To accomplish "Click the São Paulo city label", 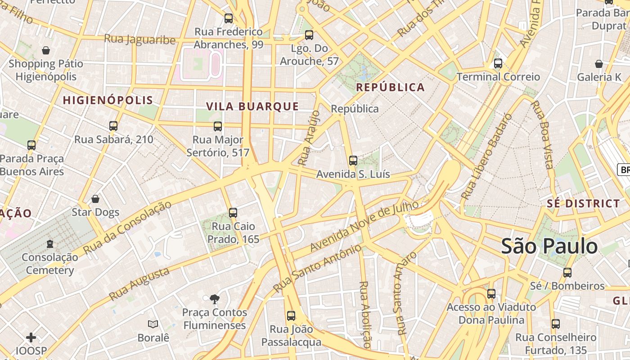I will pyautogui.click(x=549, y=246).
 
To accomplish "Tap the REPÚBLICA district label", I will pyautogui.click(x=390, y=87).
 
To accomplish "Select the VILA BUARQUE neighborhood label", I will pyautogui.click(x=252, y=106).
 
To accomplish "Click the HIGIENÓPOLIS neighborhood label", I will pyautogui.click(x=108, y=100).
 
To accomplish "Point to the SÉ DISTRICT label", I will pyautogui.click(x=583, y=203).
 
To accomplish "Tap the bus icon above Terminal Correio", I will pyautogui.click(x=498, y=63).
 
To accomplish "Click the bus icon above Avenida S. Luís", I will pyautogui.click(x=353, y=160).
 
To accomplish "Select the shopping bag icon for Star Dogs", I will pyautogui.click(x=95, y=199).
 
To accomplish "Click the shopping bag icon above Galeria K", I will pyautogui.click(x=598, y=64).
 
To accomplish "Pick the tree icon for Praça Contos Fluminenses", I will pyautogui.click(x=215, y=298).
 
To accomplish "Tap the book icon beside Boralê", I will pyautogui.click(x=153, y=324).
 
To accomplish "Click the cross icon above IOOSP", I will pyautogui.click(x=31, y=337).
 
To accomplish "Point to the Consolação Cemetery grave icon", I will pyautogui.click(x=50, y=244).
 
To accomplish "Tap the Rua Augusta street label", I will pyautogui.click(x=139, y=284).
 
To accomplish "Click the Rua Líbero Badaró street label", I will pyautogui.click(x=487, y=156).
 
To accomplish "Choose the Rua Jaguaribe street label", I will pyautogui.click(x=139, y=39).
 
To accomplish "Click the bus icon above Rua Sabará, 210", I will pyautogui.click(x=113, y=126).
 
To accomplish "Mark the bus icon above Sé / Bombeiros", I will pyautogui.click(x=567, y=273).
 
